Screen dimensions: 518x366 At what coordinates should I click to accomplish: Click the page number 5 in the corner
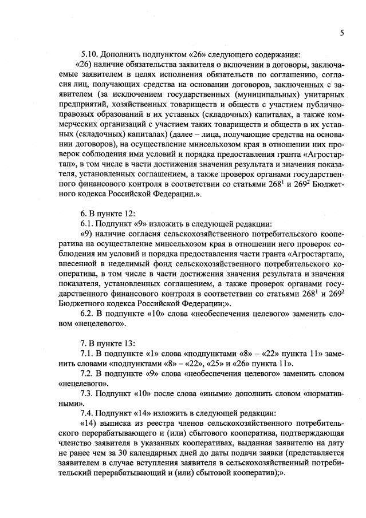341,33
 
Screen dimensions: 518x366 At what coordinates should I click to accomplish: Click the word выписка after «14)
115,424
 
